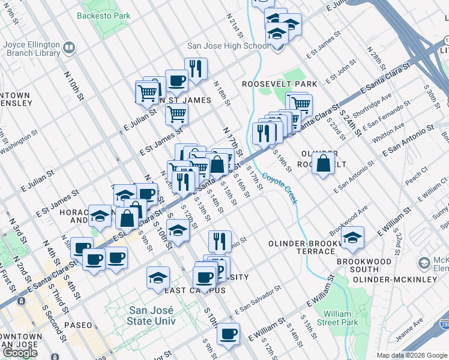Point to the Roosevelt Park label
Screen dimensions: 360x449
click(279, 84)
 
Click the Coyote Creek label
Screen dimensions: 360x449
click(279, 188)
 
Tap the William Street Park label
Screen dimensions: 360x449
click(337, 318)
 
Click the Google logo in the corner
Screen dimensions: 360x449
click(20, 353)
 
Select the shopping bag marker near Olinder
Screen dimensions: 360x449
click(323, 163)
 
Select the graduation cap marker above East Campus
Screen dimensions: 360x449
click(158, 277)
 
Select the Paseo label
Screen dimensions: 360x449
click(78, 325)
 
